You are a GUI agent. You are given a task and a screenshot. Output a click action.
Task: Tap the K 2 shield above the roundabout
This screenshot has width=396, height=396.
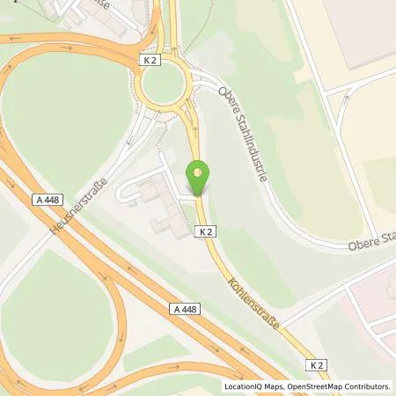coord(150,59)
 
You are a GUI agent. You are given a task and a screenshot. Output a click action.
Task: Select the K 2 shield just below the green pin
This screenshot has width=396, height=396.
coord(204,231)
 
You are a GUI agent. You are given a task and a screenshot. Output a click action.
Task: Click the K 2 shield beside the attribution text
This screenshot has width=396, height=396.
coord(317,364)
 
